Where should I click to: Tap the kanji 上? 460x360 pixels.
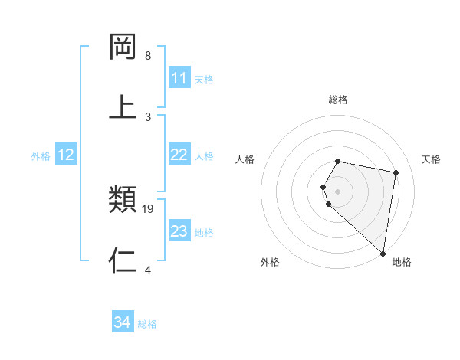(123, 106)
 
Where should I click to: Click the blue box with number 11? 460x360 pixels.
(179, 78)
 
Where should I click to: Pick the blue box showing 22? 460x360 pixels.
(179, 155)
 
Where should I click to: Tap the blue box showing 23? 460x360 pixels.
(179, 231)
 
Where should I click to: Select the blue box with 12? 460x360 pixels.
(66, 155)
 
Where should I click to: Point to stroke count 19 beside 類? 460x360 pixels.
(149, 208)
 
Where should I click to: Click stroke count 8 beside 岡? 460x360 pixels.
(148, 56)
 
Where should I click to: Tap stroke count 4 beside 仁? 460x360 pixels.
(148, 270)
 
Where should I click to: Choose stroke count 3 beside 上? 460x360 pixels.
(148, 116)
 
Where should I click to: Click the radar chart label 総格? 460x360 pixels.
(338, 100)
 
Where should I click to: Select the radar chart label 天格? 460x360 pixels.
(431, 159)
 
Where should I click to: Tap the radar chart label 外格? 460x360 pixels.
(270, 262)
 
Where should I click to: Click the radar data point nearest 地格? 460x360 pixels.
(383, 253)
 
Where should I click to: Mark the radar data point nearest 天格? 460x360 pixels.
(396, 173)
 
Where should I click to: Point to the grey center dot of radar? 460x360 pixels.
(338, 191)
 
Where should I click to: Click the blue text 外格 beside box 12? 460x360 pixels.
(41, 155)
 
